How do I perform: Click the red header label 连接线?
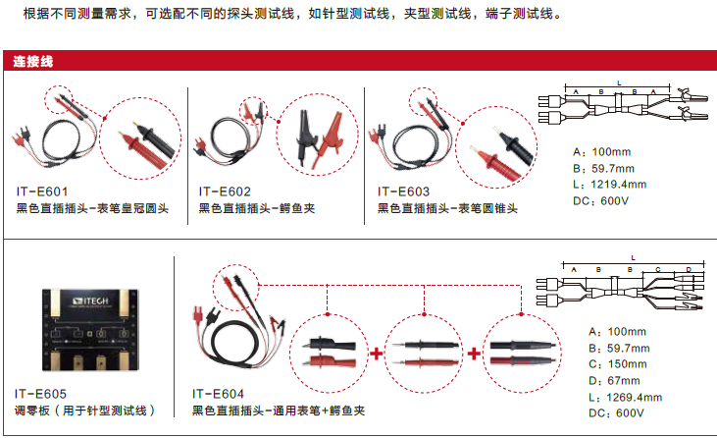coord(32,61)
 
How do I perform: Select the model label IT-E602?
coord(225,192)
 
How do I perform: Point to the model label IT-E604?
coord(218,393)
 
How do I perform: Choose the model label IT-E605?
coord(41,393)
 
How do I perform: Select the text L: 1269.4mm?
coord(624,398)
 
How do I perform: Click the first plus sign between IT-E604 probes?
coord(377,352)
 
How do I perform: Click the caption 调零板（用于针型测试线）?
coord(85,410)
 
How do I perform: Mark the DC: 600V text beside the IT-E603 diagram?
coord(600,201)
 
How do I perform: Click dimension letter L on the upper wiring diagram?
coord(619,82)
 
